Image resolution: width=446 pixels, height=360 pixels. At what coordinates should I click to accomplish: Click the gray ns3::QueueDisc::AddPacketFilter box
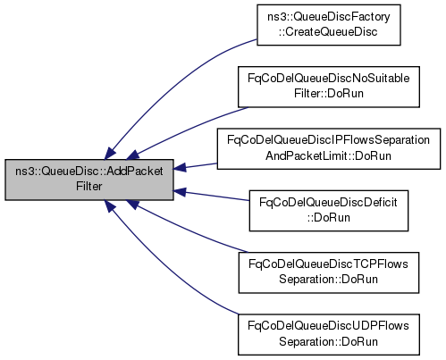coord(89,180)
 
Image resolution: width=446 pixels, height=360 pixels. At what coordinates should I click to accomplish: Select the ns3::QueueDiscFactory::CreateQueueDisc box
coord(329,25)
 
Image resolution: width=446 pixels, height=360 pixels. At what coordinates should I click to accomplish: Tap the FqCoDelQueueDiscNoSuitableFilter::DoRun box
coord(329,87)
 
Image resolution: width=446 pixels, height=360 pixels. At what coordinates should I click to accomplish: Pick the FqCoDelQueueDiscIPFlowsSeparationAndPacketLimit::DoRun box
coord(329,149)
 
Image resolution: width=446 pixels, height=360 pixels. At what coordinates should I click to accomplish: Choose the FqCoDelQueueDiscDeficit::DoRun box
coord(329,211)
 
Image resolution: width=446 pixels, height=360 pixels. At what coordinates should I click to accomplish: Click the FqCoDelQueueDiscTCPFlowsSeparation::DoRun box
coord(329,272)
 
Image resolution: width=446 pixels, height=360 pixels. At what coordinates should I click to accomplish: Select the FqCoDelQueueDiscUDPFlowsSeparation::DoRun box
coord(329,334)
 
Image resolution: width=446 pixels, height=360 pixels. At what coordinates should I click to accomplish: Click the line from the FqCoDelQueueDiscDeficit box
coord(211,196)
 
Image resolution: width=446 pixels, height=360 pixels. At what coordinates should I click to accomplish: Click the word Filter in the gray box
coord(89,187)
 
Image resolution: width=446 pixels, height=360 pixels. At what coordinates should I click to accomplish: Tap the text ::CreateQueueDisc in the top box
coord(328,32)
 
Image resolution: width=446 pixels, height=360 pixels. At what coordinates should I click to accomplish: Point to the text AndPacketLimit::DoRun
coord(328,155)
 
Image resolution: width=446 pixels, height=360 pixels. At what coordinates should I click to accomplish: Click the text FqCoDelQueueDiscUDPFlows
coord(328,326)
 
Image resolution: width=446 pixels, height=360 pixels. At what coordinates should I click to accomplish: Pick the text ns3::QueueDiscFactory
coord(329,17)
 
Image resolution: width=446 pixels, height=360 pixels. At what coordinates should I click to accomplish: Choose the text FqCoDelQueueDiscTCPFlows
coord(328,264)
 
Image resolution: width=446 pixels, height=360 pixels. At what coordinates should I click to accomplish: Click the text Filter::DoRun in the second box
coord(329,94)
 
